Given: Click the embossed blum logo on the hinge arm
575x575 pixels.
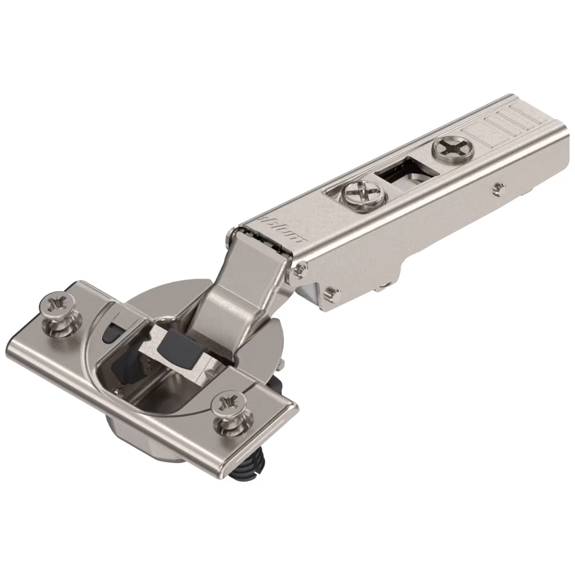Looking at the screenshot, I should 281,230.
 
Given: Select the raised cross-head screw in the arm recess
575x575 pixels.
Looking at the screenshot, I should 362,195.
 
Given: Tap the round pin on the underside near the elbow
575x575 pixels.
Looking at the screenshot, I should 332,292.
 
